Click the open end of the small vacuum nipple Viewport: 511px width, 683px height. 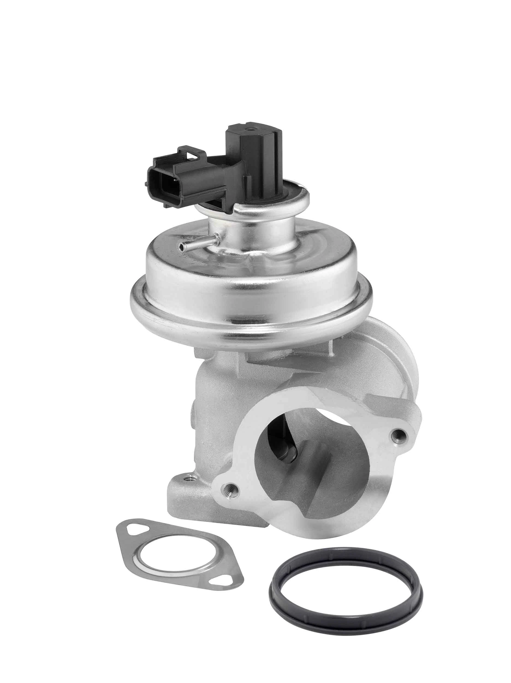click(181, 246)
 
